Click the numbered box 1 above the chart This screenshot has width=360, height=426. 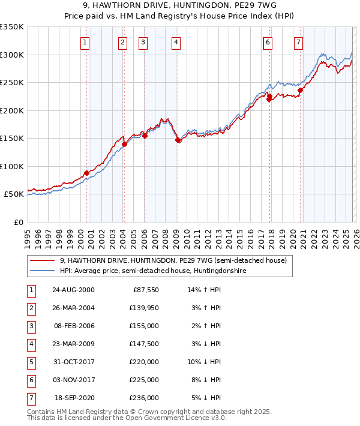click(x=85, y=42)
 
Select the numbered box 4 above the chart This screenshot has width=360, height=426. click(x=175, y=42)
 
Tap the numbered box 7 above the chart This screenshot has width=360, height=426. click(x=298, y=42)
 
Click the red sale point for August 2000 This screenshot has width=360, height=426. click(x=87, y=173)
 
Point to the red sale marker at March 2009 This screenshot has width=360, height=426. click(x=178, y=140)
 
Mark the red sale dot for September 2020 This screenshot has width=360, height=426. click(x=300, y=91)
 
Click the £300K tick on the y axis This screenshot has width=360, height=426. click(x=12, y=55)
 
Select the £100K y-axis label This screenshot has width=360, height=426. click(x=12, y=166)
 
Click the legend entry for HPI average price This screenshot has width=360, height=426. click(x=152, y=271)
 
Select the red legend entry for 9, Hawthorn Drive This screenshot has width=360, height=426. click(x=173, y=260)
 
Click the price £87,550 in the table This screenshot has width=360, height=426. click(x=145, y=289)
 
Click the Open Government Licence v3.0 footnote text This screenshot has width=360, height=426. click(x=162, y=418)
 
